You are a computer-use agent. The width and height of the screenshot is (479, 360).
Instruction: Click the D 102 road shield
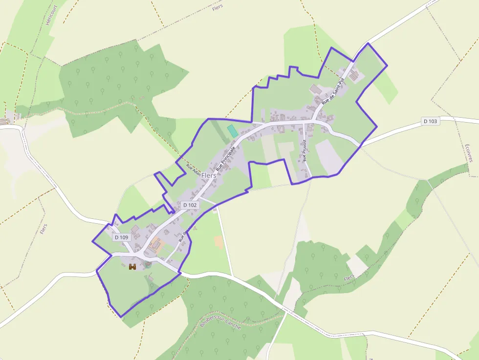(190, 205)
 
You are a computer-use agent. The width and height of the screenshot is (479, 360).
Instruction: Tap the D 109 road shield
(121, 237)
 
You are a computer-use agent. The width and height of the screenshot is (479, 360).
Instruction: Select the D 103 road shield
(430, 121)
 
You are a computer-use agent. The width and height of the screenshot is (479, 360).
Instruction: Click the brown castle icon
(132, 267)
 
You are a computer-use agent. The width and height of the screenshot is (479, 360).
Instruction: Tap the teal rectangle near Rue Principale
(233, 131)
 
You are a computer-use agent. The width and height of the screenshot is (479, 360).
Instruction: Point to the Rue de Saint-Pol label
(333, 91)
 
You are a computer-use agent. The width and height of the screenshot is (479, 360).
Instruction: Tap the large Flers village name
(209, 175)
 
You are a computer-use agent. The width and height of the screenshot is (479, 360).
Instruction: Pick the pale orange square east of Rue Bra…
(218, 241)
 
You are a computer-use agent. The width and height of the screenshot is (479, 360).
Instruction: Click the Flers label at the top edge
(218, 7)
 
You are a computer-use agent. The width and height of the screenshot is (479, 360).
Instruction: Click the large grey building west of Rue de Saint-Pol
(316, 89)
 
